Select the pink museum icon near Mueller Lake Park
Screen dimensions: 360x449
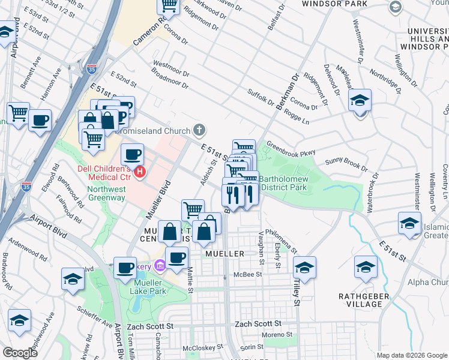tap(160, 265)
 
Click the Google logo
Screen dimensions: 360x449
tap(20, 353)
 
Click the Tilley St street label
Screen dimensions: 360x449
tap(297, 291)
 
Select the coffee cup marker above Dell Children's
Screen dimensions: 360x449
tap(132, 155)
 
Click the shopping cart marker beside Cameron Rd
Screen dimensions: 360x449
tap(169, 5)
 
